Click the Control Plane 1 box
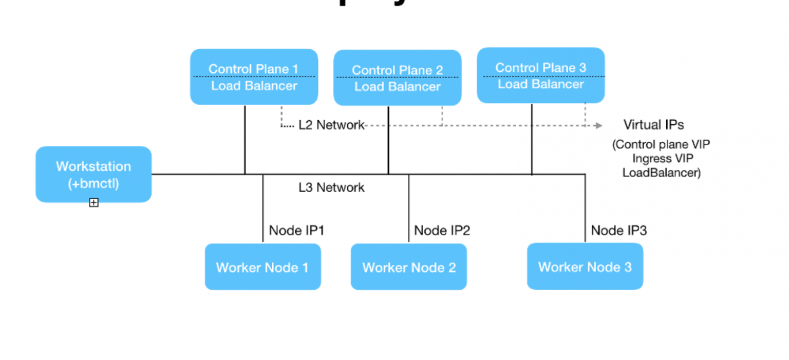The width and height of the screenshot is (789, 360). (x=254, y=77)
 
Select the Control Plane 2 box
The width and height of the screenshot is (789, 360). (x=397, y=78)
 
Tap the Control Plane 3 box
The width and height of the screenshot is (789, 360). (x=540, y=75)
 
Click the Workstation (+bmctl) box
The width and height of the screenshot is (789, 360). (x=93, y=174)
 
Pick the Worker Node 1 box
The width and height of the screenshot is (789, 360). (x=262, y=267)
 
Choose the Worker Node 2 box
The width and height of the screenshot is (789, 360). (x=408, y=267)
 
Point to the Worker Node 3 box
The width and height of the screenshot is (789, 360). (x=585, y=267)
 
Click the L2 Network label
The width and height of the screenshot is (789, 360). (x=331, y=125)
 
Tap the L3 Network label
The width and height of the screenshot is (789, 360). (x=331, y=187)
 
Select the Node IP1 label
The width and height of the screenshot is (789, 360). (x=296, y=230)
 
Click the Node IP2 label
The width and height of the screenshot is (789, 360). (x=442, y=230)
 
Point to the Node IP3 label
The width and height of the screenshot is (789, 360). (x=618, y=230)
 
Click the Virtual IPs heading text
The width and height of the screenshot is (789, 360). (x=653, y=125)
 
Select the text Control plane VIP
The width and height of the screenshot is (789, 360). (x=661, y=145)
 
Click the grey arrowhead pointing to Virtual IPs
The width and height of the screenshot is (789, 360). (x=599, y=125)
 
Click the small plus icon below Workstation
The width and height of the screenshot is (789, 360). (x=93, y=203)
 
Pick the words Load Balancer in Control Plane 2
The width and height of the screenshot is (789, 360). (x=397, y=87)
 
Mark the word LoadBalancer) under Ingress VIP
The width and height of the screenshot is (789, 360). (x=661, y=173)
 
